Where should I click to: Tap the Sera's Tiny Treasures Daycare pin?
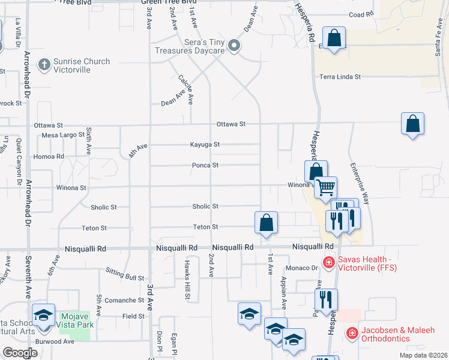tap(235, 46)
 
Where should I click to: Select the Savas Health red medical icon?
tap(328, 262)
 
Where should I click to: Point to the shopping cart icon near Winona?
tap(325, 187)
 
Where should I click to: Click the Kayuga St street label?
tap(205, 145)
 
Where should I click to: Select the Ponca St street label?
tap(205, 165)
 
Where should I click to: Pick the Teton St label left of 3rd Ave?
tap(94, 228)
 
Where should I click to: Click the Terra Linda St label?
tap(340, 77)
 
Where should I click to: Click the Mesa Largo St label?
tap(63, 135)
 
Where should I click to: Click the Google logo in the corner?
tap(20, 353)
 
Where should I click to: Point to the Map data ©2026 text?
tap(423, 355)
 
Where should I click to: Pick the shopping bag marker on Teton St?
tap(266, 223)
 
